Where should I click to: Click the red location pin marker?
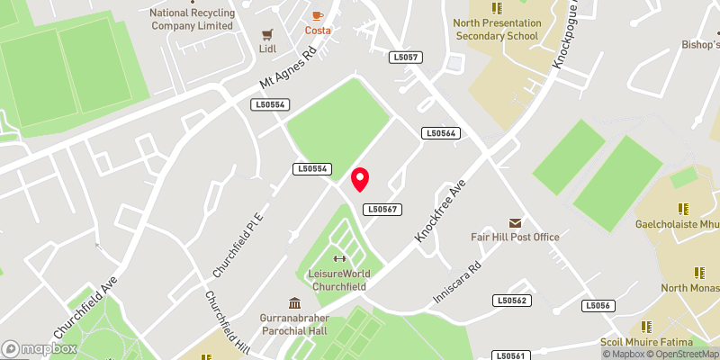coord(360,179)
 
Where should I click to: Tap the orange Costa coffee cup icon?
coord(317,15)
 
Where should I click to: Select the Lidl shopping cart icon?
coord(266,34)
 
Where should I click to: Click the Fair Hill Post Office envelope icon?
coord(515,222)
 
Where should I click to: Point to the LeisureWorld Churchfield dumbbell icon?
coord(338,259)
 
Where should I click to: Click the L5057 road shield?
coord(406,58)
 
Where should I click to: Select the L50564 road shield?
coord(441,133)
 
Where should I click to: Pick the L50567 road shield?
coord(382,209)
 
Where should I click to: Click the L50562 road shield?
coord(511,301)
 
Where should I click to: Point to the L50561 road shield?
coord(510,355)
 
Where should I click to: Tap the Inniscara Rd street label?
coord(458,283)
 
